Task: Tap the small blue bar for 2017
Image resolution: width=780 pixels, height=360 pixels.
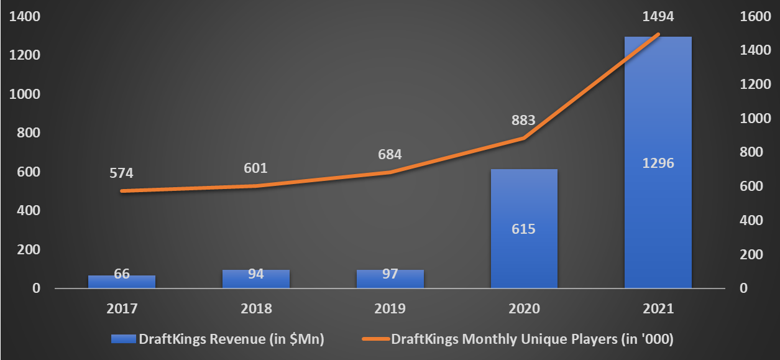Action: point(122,282)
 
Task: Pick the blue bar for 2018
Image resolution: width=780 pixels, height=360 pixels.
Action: point(256,279)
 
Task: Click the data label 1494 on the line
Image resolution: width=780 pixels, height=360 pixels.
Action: point(658,17)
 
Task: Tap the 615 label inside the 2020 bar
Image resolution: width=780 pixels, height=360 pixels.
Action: point(523,229)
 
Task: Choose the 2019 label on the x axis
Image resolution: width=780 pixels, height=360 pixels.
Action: point(390,308)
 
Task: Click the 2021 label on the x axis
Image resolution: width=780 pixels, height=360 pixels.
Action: point(658,308)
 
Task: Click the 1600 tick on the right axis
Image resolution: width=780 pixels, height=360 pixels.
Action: point(755,17)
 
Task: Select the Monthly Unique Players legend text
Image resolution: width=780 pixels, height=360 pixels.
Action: point(532,339)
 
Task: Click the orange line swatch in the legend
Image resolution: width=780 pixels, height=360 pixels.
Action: point(375,339)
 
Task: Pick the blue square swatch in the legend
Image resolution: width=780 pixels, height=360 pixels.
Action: point(123,339)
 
